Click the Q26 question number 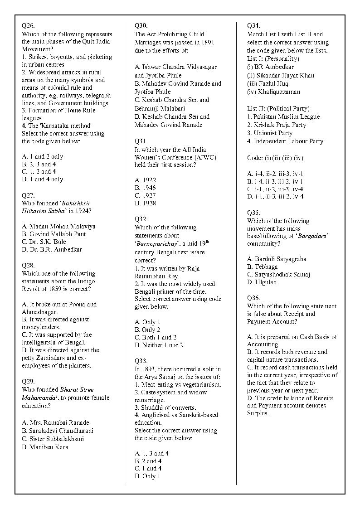28,26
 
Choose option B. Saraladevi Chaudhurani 58,431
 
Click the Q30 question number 141,26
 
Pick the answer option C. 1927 145,195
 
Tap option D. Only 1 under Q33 147,476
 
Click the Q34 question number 253,26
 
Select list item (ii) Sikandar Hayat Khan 280,75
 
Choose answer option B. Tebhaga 262,267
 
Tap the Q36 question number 253,298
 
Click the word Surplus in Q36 258,413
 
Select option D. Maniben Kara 45,447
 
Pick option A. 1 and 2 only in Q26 43,156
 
